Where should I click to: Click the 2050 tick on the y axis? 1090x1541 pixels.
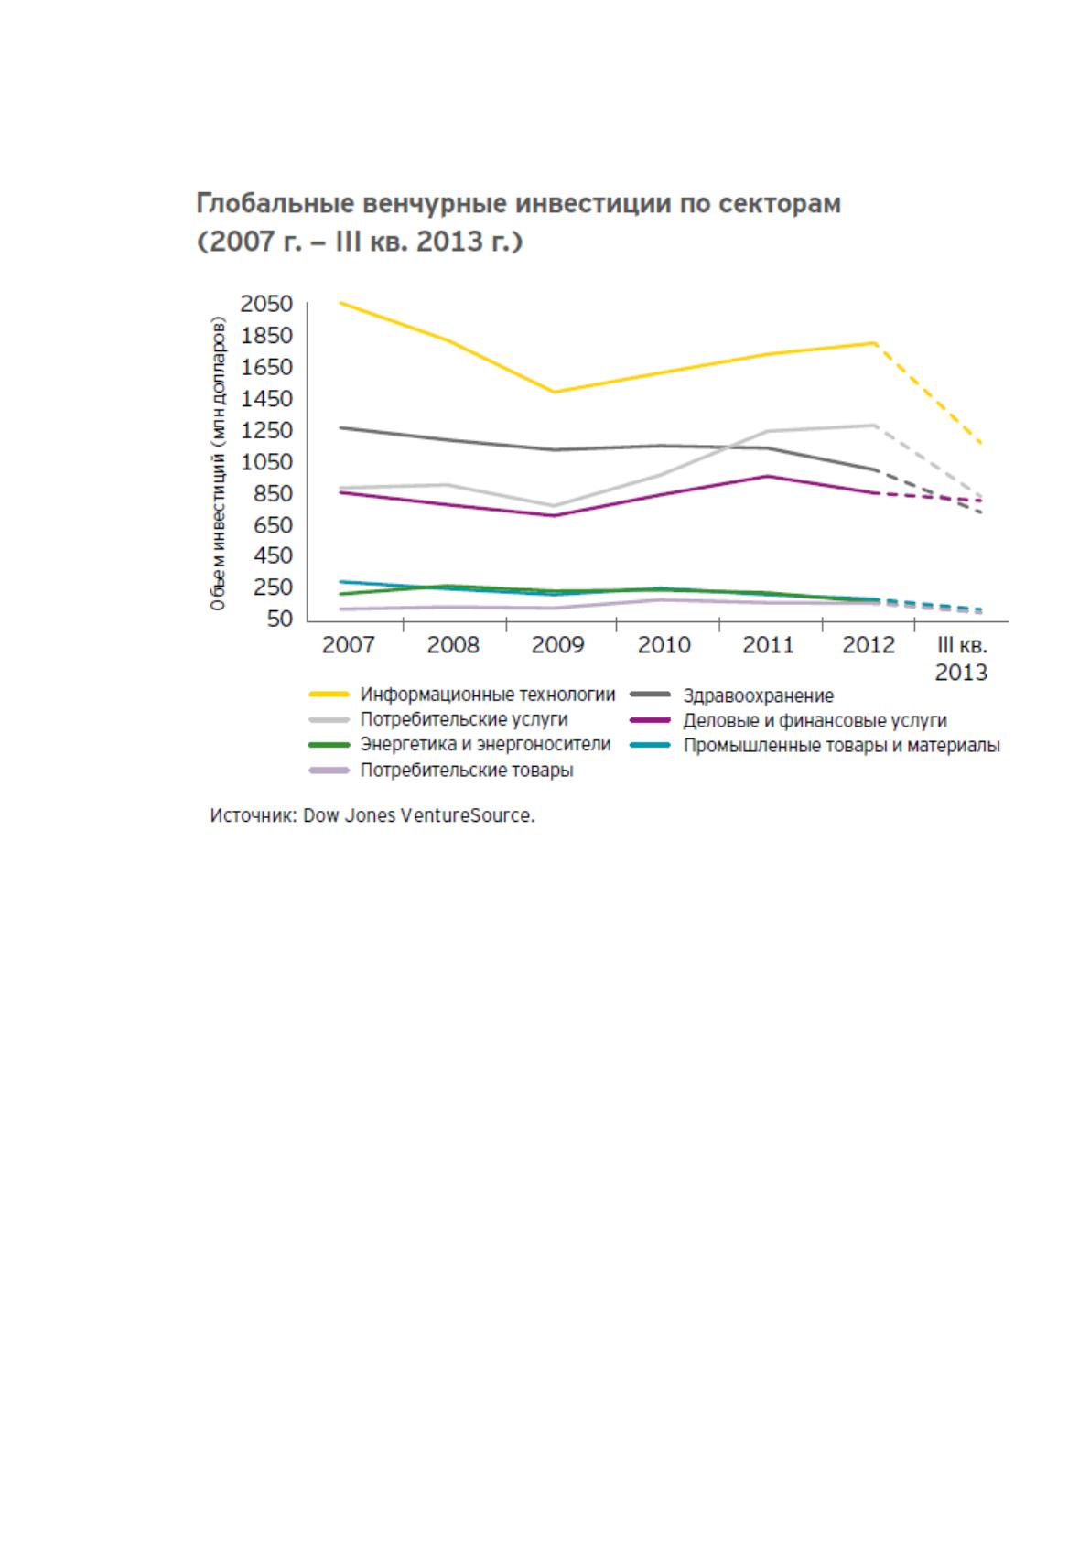pos(266,304)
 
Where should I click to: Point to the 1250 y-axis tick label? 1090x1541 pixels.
pos(266,430)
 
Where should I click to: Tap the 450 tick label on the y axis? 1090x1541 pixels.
pos(274,555)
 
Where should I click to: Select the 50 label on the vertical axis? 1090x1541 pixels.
pos(280,619)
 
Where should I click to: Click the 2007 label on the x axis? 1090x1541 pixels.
pos(348,644)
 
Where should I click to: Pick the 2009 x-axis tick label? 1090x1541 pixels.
pos(557,644)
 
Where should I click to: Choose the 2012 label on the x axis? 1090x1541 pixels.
pos(869,644)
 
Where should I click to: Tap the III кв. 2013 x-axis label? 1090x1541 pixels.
pos(961,658)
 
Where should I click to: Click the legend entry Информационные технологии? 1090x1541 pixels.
pos(487,695)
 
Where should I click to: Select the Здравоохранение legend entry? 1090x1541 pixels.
pos(759,695)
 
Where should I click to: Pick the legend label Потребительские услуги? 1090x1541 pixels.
pos(464,719)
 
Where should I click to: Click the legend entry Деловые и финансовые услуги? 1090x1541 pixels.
pos(815,721)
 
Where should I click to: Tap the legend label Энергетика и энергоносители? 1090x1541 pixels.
pos(485,744)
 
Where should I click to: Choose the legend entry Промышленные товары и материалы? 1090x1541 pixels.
pos(842,746)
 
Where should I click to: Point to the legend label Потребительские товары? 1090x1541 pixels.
pos(467,770)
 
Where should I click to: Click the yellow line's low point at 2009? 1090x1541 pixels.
pos(555,393)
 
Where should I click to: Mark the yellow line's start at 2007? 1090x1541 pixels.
pos(341,303)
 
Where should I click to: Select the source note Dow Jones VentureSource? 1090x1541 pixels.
pos(419,816)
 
